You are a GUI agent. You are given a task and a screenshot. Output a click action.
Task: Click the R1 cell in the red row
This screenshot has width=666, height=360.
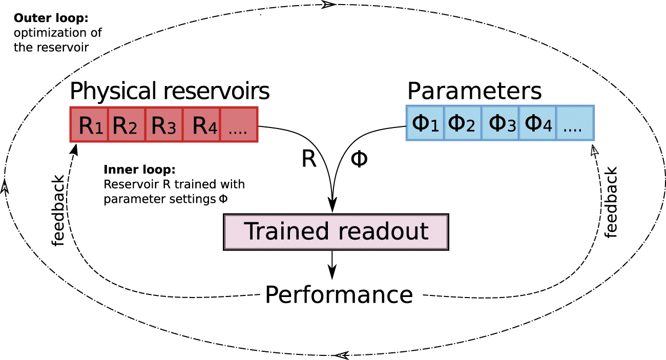(x=89, y=124)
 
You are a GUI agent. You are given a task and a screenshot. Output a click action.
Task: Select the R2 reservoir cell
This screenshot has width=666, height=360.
(x=127, y=124)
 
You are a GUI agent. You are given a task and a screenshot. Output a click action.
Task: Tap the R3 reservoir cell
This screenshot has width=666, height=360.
(x=164, y=124)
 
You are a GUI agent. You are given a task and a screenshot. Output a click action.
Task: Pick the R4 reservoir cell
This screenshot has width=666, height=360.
(x=201, y=124)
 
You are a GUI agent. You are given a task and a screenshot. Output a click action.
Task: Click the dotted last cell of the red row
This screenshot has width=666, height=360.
(x=238, y=124)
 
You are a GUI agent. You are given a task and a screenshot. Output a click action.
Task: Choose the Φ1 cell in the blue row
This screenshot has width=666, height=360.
(x=425, y=123)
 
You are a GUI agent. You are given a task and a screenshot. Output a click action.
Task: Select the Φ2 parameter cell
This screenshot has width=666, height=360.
(x=463, y=123)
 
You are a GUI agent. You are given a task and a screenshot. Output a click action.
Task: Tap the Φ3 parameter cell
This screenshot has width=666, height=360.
(x=500, y=123)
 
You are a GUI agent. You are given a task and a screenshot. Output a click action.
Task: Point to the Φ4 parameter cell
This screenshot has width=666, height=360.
(x=537, y=123)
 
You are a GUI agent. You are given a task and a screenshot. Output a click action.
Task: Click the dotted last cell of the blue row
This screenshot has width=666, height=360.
(x=575, y=123)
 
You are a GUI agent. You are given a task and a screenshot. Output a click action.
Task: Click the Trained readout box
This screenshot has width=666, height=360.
(x=336, y=232)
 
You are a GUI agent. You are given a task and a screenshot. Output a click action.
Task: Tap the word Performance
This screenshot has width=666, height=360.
(x=339, y=295)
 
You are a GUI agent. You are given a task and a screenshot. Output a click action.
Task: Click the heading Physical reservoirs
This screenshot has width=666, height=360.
(x=169, y=91)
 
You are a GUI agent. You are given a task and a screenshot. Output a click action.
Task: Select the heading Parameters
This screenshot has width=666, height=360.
(x=474, y=91)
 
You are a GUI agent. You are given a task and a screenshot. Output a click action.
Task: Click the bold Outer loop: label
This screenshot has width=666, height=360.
(x=51, y=19)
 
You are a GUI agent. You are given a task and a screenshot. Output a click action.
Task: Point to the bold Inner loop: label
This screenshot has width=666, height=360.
(x=133, y=170)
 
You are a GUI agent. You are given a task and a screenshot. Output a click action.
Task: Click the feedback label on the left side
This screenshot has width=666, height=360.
(x=58, y=210)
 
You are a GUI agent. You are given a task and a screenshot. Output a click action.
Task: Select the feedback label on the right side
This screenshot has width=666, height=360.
(x=610, y=202)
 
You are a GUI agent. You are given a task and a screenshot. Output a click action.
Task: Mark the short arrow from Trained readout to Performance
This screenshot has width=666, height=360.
(x=333, y=264)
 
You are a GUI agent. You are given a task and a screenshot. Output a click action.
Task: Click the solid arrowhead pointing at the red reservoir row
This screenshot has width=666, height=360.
(x=74, y=149)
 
